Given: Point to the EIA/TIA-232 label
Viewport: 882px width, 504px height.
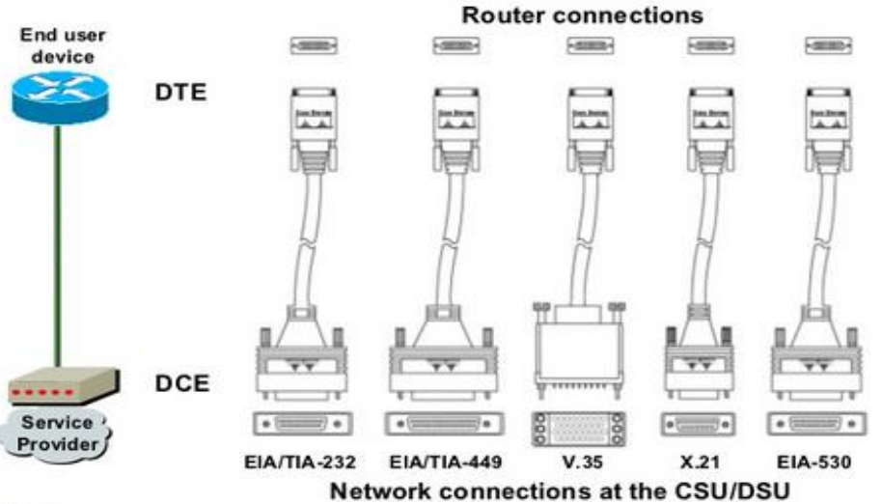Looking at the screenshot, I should [299, 462].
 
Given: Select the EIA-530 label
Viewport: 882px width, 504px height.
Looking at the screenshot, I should [814, 462].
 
